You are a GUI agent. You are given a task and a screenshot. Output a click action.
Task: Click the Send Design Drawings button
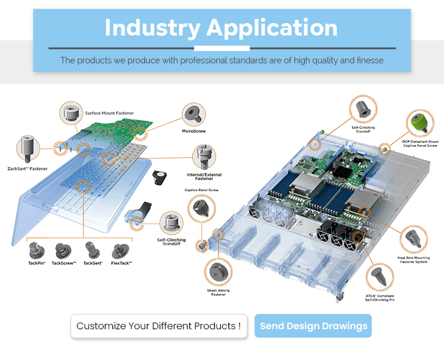313,326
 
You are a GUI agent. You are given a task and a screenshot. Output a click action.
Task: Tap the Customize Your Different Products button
159,326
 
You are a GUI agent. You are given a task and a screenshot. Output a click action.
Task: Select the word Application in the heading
272,28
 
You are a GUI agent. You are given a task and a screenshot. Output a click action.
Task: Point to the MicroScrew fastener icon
194,113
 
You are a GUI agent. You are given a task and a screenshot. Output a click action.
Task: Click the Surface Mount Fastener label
109,113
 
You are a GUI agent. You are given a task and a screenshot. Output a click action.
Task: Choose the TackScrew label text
64,263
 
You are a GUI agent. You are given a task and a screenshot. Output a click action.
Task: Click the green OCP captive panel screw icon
420,122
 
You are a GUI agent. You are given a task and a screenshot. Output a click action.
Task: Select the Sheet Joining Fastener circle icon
218,272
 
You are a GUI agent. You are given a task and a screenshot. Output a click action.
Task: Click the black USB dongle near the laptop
160,176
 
